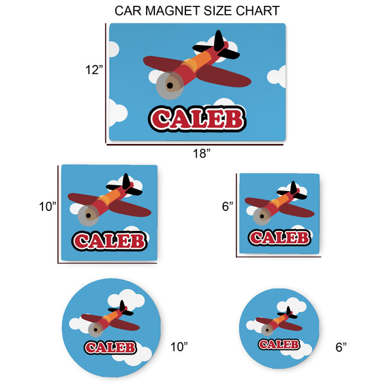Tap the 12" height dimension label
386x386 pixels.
tap(93, 69)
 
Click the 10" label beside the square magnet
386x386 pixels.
tap(48, 207)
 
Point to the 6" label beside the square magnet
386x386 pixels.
tap(227, 207)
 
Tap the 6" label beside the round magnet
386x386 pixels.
tap(341, 347)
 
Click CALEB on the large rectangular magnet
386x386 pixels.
tap(197, 119)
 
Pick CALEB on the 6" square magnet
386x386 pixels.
tap(279, 237)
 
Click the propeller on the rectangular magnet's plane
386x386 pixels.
tap(170, 84)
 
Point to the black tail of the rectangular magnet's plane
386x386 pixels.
tap(217, 45)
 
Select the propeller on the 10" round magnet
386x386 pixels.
tap(97, 329)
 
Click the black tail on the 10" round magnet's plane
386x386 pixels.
tap(127, 311)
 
